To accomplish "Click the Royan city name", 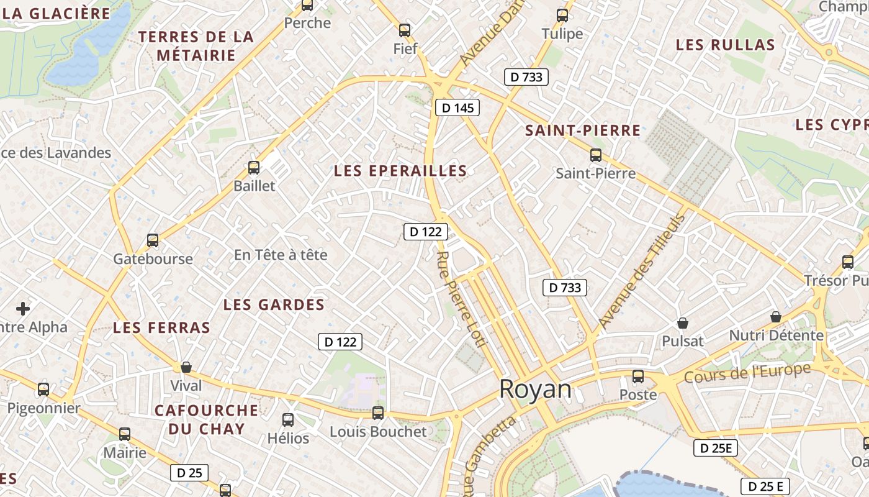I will coord(535,389).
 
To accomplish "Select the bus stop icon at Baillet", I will coord(254,167).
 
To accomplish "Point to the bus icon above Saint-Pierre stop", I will coord(596,155).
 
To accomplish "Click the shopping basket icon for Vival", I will coord(186,367).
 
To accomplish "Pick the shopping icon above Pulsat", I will coord(683,323).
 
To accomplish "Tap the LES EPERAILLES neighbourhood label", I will coord(400,171).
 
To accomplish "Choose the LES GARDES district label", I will coord(274,304).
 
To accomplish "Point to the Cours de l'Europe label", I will coord(747,373).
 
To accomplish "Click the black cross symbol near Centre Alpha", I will coord(23,308).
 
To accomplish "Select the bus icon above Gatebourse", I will coord(153,240).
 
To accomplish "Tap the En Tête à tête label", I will coord(281,255).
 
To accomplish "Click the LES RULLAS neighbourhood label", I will coord(726,45).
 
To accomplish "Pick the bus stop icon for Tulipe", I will coord(562,16).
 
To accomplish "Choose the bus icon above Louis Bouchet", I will coord(378,413).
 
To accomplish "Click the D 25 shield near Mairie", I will coord(189,473).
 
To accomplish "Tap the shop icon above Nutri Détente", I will coord(776,317).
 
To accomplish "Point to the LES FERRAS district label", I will coord(161,327).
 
